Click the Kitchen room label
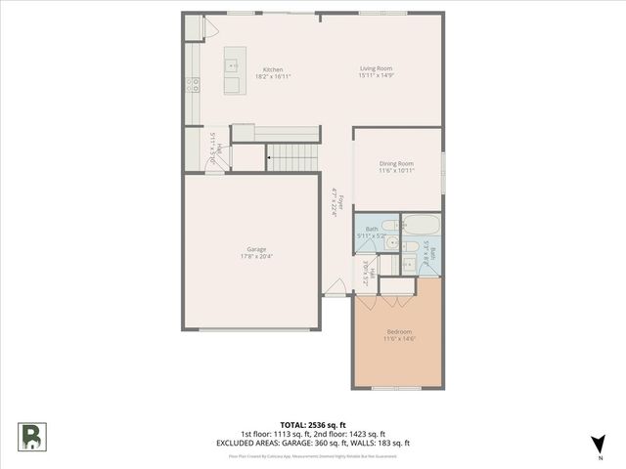pyautogui.click(x=273, y=69)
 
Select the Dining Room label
pyautogui.click(x=396, y=163)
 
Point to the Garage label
pyautogui.click(x=256, y=249)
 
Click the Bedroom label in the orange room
pyautogui.click(x=399, y=331)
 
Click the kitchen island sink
pyautogui.click(x=233, y=65)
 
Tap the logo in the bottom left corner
pyautogui.click(x=31, y=436)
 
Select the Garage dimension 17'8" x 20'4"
pyautogui.click(x=256, y=257)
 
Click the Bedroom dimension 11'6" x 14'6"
pyautogui.click(x=399, y=339)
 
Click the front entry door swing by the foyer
pyautogui.click(x=335, y=287)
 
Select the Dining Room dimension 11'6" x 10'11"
pyautogui.click(x=396, y=171)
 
